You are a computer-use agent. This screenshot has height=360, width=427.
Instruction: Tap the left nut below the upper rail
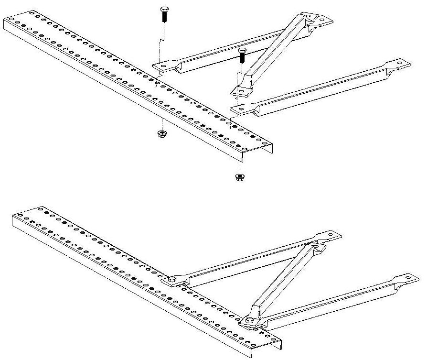(162, 133)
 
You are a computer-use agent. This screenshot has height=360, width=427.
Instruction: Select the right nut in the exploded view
(239, 177)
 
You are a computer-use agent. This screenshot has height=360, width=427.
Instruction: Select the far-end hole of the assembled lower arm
(410, 278)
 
